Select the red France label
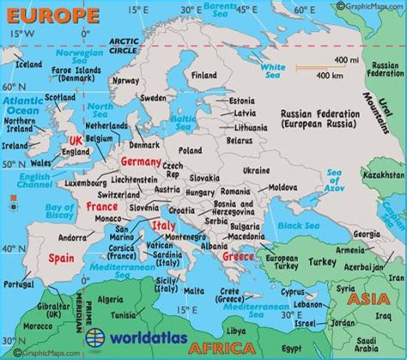102,207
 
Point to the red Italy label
164,225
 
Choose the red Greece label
239,254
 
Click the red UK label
76,140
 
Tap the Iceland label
29,64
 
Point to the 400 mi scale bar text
348,59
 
